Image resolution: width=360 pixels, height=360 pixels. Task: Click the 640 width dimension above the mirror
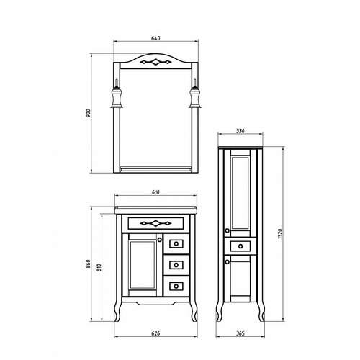pyautogui.click(x=156, y=38)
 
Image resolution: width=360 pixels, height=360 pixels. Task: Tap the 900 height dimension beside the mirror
pyautogui.click(x=89, y=113)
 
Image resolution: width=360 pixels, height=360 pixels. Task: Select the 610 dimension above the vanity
pyautogui.click(x=156, y=192)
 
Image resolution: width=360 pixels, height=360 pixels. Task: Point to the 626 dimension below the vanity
pyautogui.click(x=156, y=333)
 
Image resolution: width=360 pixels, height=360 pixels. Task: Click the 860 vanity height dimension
pyautogui.click(x=89, y=264)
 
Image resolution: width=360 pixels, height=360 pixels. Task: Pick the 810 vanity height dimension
pyautogui.click(x=99, y=267)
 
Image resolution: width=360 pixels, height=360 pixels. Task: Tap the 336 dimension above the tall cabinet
pyautogui.click(x=240, y=131)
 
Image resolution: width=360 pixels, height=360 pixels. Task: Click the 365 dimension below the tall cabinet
pyautogui.click(x=240, y=333)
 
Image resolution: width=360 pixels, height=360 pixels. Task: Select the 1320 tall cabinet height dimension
pyautogui.click(x=280, y=234)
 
